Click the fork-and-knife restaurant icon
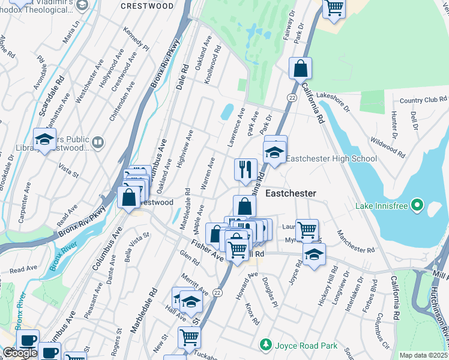[x=245, y=169]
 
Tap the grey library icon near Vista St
[x=98, y=142]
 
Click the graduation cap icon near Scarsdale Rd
[x=44, y=140]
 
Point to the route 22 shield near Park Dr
[x=292, y=97]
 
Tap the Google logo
[x=20, y=353]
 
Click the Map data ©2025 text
[x=424, y=355]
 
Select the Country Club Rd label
[x=423, y=100]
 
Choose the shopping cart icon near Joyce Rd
[x=307, y=229]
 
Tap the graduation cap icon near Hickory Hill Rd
[x=313, y=254]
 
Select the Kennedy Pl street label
[x=136, y=37]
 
